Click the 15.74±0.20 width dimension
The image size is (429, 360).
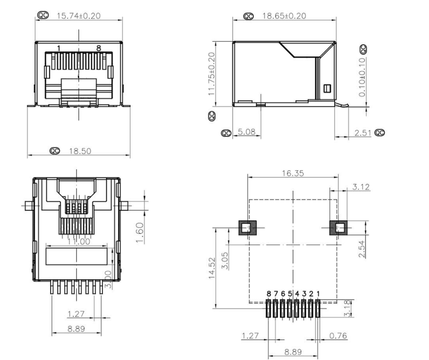click(x=79, y=16)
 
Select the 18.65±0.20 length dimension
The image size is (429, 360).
click(x=287, y=16)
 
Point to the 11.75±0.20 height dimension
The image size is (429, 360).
click(x=212, y=73)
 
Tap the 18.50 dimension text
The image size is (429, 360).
click(x=81, y=151)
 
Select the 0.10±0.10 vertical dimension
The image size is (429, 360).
click(x=362, y=76)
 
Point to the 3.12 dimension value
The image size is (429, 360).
click(x=361, y=187)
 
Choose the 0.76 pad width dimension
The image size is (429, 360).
click(x=337, y=335)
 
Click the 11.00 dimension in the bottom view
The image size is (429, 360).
click(x=78, y=241)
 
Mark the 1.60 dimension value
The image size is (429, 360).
click(x=140, y=233)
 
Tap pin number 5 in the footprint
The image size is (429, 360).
click(x=290, y=294)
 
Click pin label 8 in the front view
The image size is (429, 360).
click(x=99, y=48)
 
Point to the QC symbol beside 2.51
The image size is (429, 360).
click(x=381, y=133)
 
